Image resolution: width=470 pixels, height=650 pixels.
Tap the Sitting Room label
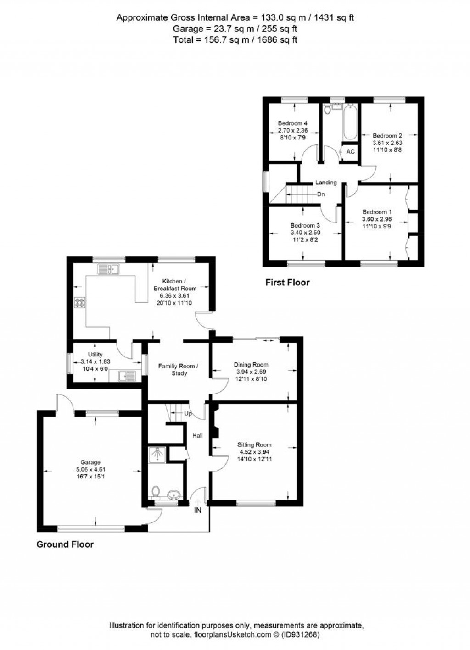pos(254,444)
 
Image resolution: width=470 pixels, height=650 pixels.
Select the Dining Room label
pos(251,365)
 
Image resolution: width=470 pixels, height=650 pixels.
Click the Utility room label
pos(95,355)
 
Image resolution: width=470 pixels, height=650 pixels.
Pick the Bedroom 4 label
pos(292,123)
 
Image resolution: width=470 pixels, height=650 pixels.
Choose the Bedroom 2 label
pos(387,136)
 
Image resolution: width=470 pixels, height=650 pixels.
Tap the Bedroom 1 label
pos(377,212)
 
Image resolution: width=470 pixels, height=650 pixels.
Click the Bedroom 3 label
pos(305,226)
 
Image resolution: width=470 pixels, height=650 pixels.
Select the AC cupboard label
pos(350,152)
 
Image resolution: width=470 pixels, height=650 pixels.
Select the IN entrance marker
pos(198,510)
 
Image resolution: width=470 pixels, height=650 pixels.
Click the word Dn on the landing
pos(321,194)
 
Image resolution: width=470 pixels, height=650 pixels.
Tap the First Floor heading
pos(287,283)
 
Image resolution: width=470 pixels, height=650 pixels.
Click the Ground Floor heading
pos(65,544)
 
